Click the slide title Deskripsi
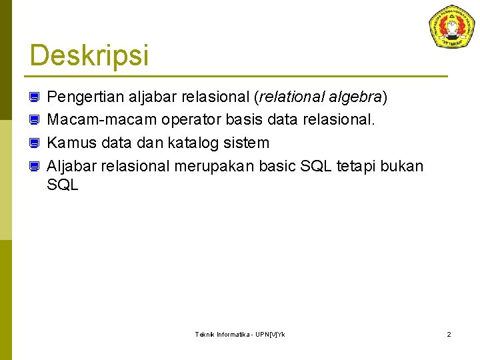pyautogui.click(x=89, y=55)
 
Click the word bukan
pyautogui.click(x=402, y=165)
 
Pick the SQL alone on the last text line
pyautogui.click(x=63, y=185)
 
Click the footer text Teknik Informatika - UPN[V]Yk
pyautogui.click(x=239, y=334)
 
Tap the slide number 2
pyautogui.click(x=449, y=334)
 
